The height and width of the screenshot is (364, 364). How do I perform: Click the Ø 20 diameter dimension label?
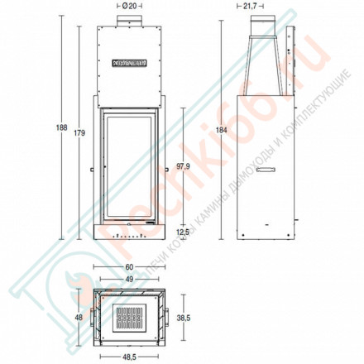pos(128,7)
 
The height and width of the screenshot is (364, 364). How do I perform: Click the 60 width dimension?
pos(128,267)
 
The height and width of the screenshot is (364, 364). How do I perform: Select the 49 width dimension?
pos(128,279)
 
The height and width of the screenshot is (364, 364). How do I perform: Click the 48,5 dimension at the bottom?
pos(128,357)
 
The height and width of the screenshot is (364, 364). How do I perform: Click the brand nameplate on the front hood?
pos(128,60)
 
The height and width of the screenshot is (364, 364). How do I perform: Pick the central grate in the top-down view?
pos(128,317)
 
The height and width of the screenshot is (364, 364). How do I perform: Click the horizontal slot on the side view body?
pos(266,170)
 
